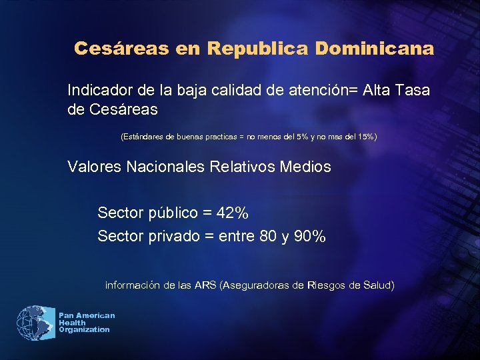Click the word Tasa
(412, 89)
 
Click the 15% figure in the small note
(365, 137)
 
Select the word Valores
(92, 167)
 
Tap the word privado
(173, 236)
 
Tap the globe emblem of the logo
(35, 323)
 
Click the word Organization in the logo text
(84, 330)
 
